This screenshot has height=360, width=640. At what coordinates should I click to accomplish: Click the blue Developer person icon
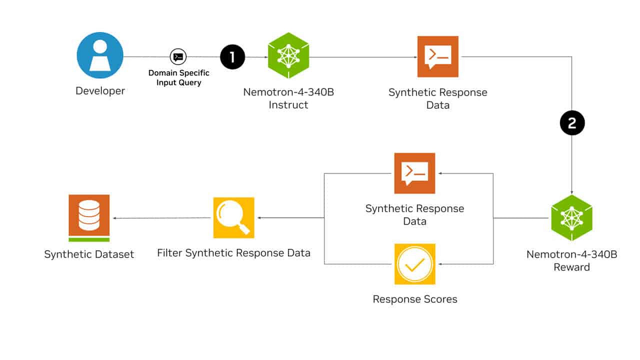[100, 55]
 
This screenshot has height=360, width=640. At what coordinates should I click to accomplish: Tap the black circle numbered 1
[232, 57]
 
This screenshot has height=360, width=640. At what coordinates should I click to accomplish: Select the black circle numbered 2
[572, 124]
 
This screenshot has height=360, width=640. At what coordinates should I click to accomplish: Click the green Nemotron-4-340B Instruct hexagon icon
[289, 55]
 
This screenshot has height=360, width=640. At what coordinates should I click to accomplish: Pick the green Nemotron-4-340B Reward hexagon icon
[572, 218]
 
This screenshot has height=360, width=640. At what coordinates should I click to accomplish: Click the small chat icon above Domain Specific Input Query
[178, 57]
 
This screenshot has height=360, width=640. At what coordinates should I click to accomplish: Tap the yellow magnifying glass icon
[234, 218]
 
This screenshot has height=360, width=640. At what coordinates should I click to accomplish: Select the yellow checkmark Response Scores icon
[414, 263]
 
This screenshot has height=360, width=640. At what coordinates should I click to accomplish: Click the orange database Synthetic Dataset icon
[89, 218]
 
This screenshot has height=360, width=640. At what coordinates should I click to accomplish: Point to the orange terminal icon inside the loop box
[414, 173]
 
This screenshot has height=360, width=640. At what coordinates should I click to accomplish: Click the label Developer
[100, 91]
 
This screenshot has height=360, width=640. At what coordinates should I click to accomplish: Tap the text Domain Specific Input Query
[179, 78]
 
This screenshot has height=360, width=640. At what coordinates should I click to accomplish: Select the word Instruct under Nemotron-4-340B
[288, 105]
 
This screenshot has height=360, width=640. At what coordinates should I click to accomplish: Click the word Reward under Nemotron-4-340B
[572, 267]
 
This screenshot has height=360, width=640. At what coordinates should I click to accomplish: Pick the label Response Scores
[415, 299]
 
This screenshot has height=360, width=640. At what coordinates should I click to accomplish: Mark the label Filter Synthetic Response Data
[234, 253]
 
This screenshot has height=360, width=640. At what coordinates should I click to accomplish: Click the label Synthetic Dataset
[89, 254]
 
